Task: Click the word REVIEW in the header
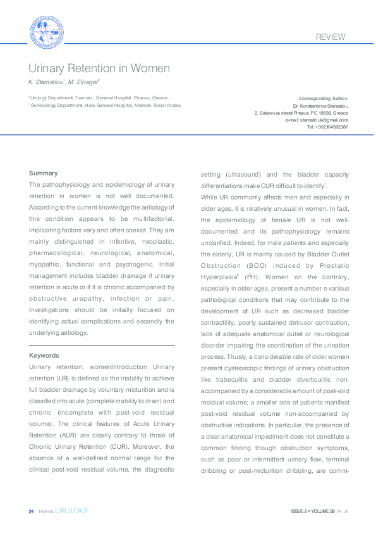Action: pos(331,37)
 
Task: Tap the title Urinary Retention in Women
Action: pos(99,68)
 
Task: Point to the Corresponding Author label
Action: pos(323,99)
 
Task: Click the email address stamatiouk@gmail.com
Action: pos(324,120)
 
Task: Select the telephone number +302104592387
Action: pos(330,127)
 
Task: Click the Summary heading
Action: pos(43,173)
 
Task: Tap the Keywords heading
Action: pos(44,356)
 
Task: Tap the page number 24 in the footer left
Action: pos(31,510)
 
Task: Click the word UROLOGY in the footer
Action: pos(71,510)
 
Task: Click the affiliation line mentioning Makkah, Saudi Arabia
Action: pos(105,105)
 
